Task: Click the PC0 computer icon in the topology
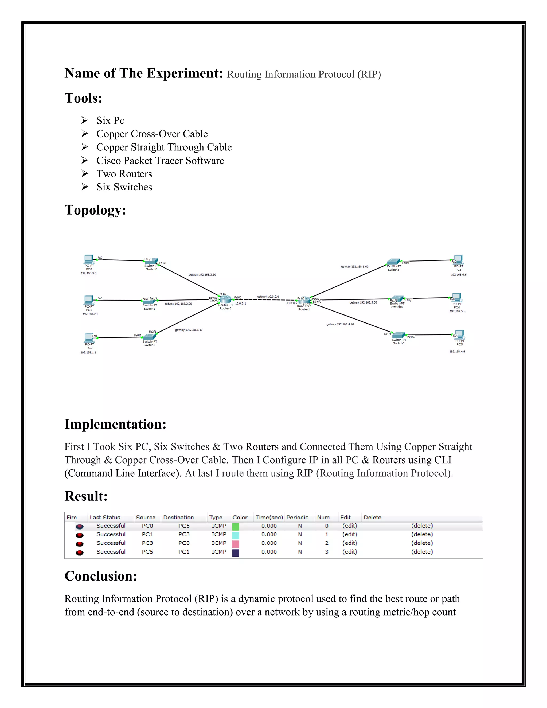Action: coord(88,259)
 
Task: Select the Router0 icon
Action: coord(225,300)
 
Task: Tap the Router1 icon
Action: coord(304,301)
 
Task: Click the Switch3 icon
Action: coord(393,262)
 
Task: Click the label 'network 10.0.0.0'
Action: coord(268,297)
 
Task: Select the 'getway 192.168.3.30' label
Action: coord(202,275)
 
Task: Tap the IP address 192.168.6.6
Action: coord(459,275)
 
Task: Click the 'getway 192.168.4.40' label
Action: coord(340,324)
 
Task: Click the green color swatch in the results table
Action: coord(236,527)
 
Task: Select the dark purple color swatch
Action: coord(236,553)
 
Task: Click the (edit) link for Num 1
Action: coord(350,534)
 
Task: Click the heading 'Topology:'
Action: coord(95,210)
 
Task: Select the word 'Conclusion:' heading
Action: coord(101,576)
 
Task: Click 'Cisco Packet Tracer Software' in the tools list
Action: coord(160,161)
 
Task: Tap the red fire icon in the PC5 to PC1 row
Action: coord(80,553)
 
